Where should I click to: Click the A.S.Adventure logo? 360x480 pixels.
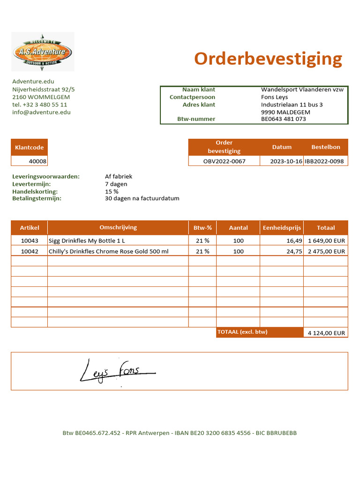[42, 51]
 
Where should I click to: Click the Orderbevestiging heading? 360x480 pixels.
[268, 59]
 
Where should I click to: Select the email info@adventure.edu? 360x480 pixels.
[41, 112]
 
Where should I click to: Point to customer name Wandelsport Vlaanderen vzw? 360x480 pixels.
[302, 90]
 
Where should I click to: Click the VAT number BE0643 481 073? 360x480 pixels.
[283, 119]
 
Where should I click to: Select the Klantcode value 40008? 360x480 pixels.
[37, 161]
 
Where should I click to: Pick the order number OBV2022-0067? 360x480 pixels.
[224, 161]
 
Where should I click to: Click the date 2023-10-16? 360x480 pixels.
[286, 161]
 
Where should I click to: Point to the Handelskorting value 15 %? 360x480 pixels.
[112, 192]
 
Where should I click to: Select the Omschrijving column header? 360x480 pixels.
[118, 227]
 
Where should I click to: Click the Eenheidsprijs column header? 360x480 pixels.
[281, 228]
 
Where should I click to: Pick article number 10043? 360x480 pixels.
[30, 240]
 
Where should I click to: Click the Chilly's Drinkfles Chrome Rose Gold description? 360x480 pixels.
[108, 251]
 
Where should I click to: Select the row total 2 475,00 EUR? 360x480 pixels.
[326, 251]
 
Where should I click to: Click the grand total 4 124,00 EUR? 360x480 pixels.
[326, 333]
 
